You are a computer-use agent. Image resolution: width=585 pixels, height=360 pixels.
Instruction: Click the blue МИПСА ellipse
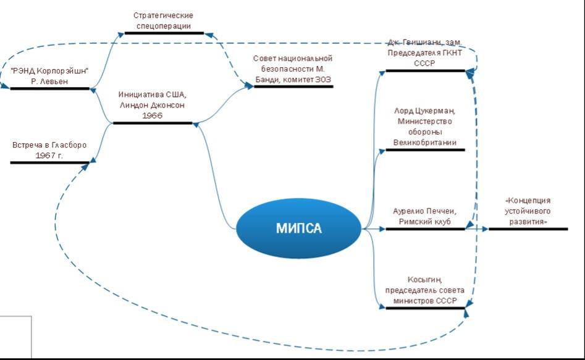(298, 228)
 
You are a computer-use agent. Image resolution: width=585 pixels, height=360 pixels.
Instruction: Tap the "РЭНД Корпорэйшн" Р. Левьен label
(50, 76)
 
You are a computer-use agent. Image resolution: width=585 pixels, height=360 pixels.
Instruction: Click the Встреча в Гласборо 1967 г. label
(49, 150)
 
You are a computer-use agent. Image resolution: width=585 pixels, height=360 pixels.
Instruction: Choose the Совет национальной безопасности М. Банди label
(293, 69)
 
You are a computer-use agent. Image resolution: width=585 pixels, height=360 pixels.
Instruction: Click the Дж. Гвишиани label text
(425, 52)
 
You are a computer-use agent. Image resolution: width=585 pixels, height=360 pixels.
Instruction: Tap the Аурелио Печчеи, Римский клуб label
(424, 216)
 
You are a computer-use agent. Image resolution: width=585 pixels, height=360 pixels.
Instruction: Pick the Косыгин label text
(424, 290)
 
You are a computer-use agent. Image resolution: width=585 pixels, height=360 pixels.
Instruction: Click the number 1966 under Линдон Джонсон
(153, 115)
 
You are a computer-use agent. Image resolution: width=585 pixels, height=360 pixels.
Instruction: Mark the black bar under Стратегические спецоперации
(164, 33)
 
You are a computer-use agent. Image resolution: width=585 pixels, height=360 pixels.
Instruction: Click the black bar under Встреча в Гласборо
(49, 162)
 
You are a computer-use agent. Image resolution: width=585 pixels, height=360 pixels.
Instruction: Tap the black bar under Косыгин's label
(425, 308)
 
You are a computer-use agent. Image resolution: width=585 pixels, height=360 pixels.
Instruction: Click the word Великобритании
(425, 142)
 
